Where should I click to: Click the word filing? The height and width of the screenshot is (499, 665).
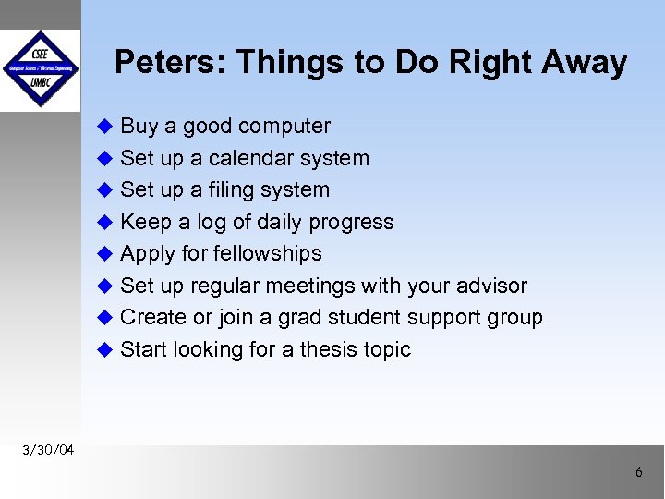click(x=233, y=190)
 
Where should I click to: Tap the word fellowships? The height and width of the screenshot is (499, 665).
click(x=268, y=254)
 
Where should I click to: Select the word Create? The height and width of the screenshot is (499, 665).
click(x=152, y=318)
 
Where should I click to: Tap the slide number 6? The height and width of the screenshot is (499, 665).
click(x=638, y=473)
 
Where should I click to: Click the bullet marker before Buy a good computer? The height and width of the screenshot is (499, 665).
click(x=104, y=127)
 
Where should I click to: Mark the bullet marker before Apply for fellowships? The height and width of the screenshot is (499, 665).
click(x=104, y=254)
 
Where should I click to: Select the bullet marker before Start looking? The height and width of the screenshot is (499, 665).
click(x=104, y=350)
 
